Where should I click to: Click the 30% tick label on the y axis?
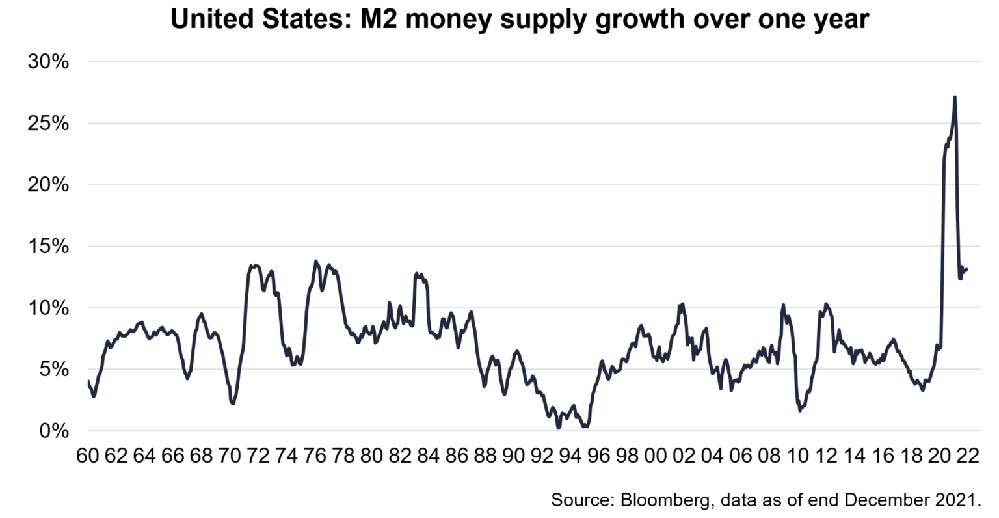(48, 62)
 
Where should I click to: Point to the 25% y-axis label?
(48, 124)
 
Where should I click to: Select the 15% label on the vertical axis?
(48, 247)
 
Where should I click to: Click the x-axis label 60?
(87, 456)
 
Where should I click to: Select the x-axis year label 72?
(258, 456)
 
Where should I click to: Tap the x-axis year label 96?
(598, 456)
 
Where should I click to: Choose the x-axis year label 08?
(768, 456)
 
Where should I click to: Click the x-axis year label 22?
(966, 456)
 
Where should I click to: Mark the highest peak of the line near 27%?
(954, 97)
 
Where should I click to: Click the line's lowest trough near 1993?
(559, 428)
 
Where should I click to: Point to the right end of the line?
(968, 269)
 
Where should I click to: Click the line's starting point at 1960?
(88, 381)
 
